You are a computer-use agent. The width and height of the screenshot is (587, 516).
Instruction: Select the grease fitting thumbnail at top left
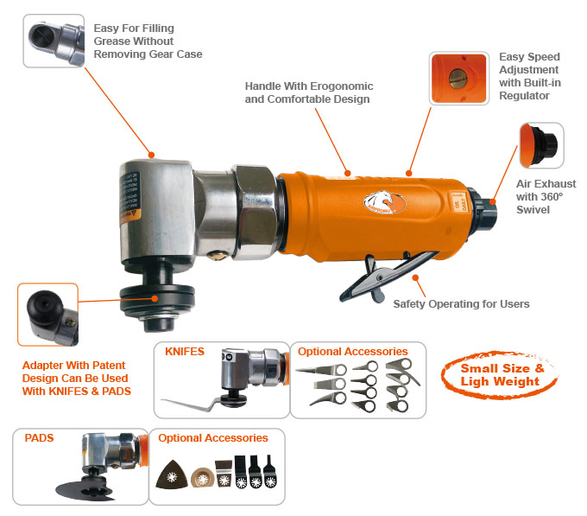coord(54,41)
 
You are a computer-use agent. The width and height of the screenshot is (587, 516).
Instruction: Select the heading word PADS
coord(38,438)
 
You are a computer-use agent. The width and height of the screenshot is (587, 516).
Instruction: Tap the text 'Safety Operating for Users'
coord(461,304)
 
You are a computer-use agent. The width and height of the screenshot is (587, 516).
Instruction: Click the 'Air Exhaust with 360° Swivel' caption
coord(546,196)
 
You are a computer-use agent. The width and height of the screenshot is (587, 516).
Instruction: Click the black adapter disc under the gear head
coord(155,298)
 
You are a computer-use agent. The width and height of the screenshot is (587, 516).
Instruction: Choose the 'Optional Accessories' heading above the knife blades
coord(353,352)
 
